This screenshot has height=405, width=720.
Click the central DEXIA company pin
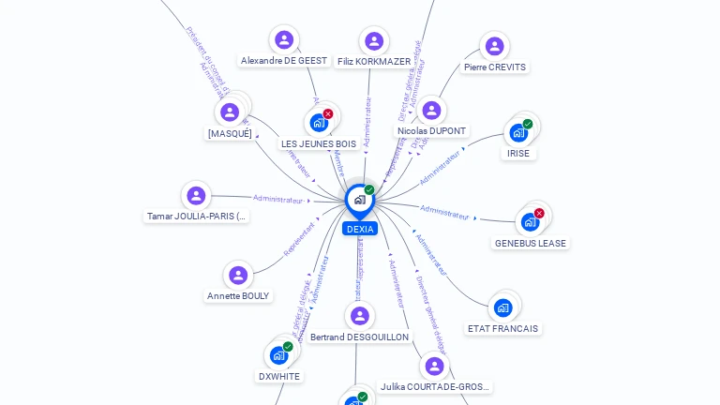359,200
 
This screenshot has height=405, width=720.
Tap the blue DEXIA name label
360,229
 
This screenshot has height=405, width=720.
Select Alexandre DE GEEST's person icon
284,39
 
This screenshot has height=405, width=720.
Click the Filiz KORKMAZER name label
374,62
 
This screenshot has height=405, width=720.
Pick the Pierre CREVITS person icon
494,46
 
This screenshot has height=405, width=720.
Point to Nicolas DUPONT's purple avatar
431,111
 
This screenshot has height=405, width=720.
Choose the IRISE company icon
518,133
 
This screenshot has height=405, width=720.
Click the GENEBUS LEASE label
531,243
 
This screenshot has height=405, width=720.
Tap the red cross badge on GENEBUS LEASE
539,213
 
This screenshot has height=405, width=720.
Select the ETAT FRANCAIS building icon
502,307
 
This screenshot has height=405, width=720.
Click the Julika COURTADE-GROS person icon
433,366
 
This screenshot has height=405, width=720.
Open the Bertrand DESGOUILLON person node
360,316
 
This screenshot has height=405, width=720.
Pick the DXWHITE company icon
278,355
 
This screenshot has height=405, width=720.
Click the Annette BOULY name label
238,296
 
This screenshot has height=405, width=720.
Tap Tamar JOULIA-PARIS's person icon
196,195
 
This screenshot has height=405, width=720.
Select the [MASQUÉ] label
230,134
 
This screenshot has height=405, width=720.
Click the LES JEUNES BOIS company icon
319,123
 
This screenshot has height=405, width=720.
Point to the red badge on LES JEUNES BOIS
328,113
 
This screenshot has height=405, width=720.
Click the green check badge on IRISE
528,124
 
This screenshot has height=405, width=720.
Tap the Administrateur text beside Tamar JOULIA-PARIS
278,199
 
